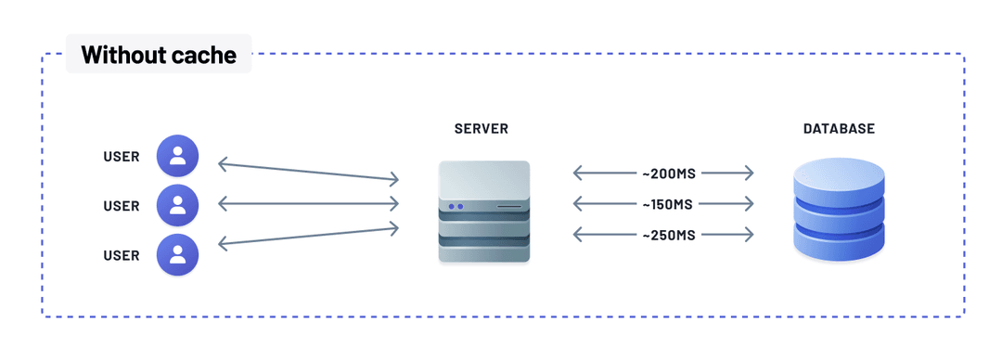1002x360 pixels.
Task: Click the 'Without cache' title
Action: click(159, 55)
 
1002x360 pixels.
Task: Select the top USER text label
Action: click(122, 157)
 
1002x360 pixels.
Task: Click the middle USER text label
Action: click(122, 206)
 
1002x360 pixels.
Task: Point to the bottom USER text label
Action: click(122, 255)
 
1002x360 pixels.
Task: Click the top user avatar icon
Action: click(177, 157)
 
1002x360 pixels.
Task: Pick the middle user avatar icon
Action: click(177, 206)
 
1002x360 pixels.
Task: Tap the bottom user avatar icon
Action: click(177, 255)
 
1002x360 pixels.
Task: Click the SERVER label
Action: click(482, 129)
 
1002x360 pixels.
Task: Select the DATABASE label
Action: click(839, 129)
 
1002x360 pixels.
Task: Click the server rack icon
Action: click(484, 212)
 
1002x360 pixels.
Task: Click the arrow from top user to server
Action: click(308, 172)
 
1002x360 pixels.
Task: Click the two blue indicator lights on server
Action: click(455, 207)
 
